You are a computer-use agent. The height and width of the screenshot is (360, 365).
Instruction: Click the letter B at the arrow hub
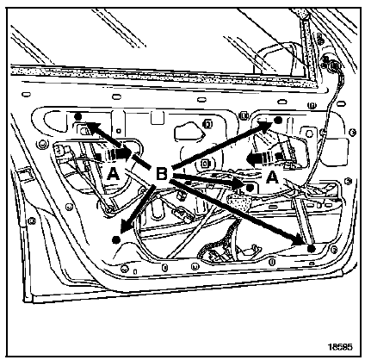[161, 174]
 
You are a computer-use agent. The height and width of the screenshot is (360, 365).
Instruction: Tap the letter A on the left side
[114, 174]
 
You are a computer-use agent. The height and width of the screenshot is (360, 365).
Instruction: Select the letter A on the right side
[272, 177]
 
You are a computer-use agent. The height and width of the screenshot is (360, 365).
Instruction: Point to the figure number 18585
[340, 347]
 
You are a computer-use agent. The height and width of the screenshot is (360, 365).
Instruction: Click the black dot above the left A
[77, 116]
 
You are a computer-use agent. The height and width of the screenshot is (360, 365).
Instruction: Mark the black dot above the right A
[277, 120]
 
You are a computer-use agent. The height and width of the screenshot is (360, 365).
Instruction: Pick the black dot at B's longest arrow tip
[311, 249]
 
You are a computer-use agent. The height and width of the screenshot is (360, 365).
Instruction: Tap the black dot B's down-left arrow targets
[116, 239]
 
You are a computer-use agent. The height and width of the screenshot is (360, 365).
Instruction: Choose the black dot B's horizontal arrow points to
[250, 188]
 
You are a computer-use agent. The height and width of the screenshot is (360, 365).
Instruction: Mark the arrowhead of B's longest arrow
[300, 240]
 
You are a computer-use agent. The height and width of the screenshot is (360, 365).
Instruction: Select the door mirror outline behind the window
[275, 59]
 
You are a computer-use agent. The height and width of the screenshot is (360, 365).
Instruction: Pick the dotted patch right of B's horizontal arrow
[240, 202]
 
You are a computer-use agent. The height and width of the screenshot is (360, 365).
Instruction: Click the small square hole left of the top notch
[118, 131]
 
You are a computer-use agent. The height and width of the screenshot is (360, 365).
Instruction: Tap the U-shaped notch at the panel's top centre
[158, 118]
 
